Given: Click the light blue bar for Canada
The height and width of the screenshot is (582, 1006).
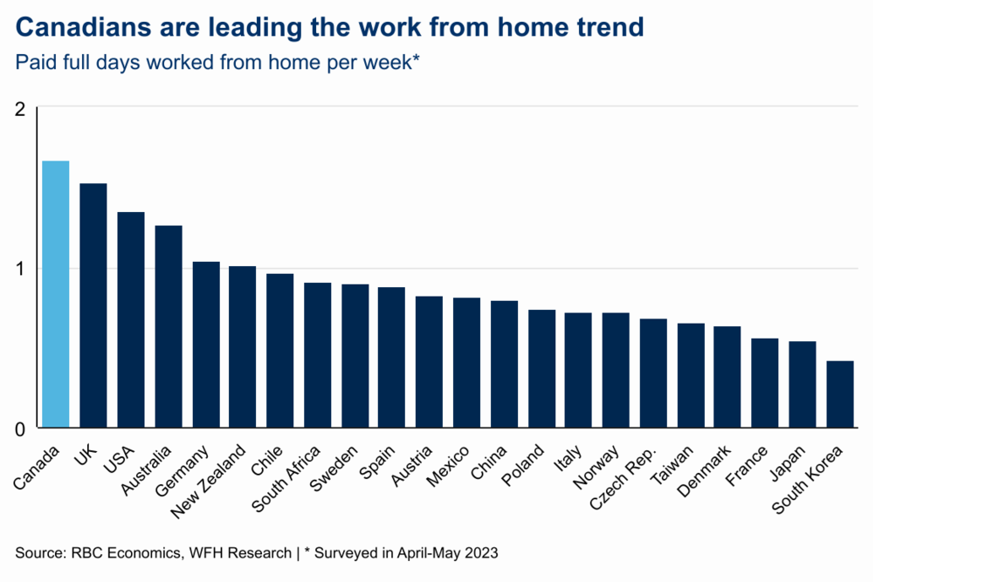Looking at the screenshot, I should (55, 294).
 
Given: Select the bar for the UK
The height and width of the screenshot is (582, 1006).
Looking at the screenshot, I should (93, 305).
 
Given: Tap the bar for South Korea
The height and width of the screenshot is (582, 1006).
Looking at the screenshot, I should (840, 394).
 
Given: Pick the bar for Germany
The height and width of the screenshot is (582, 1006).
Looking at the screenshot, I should (205, 345).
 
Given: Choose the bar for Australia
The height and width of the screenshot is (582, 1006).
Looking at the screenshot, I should (168, 326).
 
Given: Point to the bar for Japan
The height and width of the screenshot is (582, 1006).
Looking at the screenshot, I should (803, 385).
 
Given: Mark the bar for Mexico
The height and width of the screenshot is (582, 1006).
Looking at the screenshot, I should (466, 363).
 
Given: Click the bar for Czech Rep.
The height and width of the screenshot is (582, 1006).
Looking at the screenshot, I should (653, 373).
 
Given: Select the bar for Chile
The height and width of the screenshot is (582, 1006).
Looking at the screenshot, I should (279, 351).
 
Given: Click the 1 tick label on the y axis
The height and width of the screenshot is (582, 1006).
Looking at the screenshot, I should (22, 268).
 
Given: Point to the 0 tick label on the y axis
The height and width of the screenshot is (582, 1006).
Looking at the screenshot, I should (22, 428).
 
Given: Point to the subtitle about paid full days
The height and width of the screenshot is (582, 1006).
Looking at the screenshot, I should (218, 63).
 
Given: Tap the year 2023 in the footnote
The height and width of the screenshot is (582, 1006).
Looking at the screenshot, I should (481, 552).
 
